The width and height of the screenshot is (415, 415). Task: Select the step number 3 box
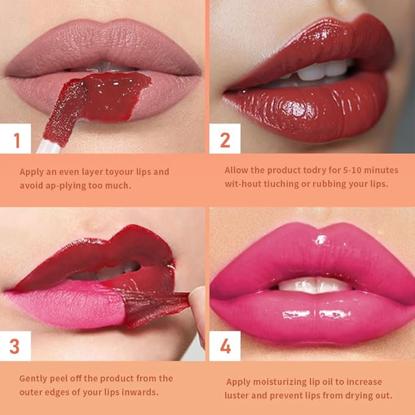[x=15, y=346]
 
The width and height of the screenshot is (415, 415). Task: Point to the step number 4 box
[x=224, y=346]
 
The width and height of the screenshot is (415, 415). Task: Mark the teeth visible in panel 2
[x=318, y=72]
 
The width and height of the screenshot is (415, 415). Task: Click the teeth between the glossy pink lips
[x=312, y=284]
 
